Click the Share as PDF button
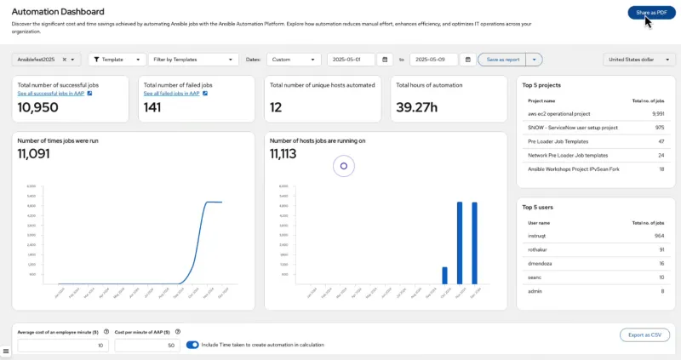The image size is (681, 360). click(x=651, y=13)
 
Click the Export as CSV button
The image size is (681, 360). click(x=644, y=335)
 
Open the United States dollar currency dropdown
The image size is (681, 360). click(x=639, y=60)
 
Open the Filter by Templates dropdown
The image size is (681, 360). click(x=192, y=60)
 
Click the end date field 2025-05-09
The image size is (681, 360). click(x=433, y=60)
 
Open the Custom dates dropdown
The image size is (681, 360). click(x=294, y=60)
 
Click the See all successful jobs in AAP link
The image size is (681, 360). click(x=52, y=94)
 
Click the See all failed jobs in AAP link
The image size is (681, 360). click(x=171, y=94)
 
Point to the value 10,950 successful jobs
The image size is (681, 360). click(x=38, y=108)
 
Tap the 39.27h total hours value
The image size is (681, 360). click(x=417, y=108)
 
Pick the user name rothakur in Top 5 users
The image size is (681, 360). click(x=541, y=249)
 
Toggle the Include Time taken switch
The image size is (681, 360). click(x=192, y=345)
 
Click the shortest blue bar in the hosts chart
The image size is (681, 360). click(x=444, y=275)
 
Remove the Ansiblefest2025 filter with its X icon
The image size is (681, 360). click(x=65, y=60)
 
